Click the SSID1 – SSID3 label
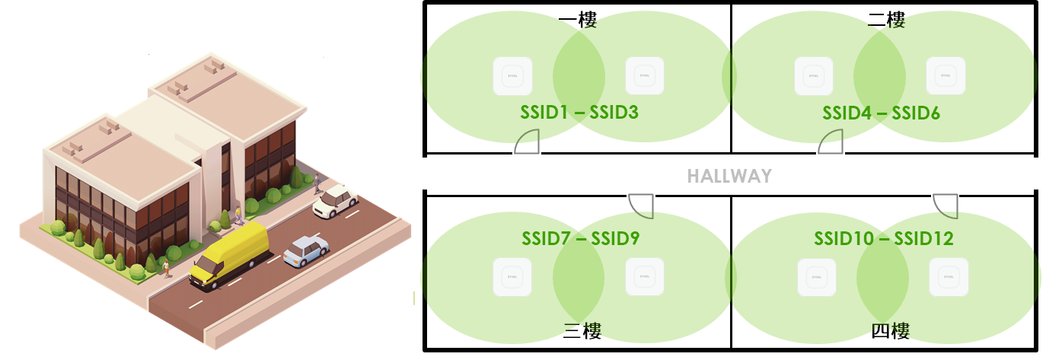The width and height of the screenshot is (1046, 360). pyautogui.click(x=579, y=113)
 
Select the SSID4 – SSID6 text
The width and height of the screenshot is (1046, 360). pyautogui.click(x=881, y=113)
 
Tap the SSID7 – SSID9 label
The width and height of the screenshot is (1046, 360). pyautogui.click(x=580, y=238)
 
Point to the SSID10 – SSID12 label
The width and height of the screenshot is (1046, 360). pyautogui.click(x=883, y=238)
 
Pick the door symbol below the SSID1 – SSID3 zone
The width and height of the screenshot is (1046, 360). pyautogui.click(x=528, y=142)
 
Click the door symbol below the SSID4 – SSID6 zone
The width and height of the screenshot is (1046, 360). pyautogui.click(x=831, y=142)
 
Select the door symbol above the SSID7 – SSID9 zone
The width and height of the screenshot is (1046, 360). pyautogui.click(x=641, y=203)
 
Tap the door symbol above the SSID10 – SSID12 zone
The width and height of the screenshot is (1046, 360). pyautogui.click(x=946, y=204)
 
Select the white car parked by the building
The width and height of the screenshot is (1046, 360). pyautogui.click(x=335, y=200)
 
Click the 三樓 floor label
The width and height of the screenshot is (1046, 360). pyautogui.click(x=582, y=330)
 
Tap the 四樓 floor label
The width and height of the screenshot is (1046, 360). pyautogui.click(x=890, y=330)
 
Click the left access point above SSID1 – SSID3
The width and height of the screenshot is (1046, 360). pyautogui.click(x=512, y=76)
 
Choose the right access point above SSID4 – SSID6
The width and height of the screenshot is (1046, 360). pyautogui.click(x=946, y=76)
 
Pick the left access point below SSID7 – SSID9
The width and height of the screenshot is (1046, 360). pyautogui.click(x=512, y=277)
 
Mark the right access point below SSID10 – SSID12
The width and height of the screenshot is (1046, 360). pyautogui.click(x=949, y=277)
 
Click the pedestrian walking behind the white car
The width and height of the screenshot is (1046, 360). pyautogui.click(x=317, y=182)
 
